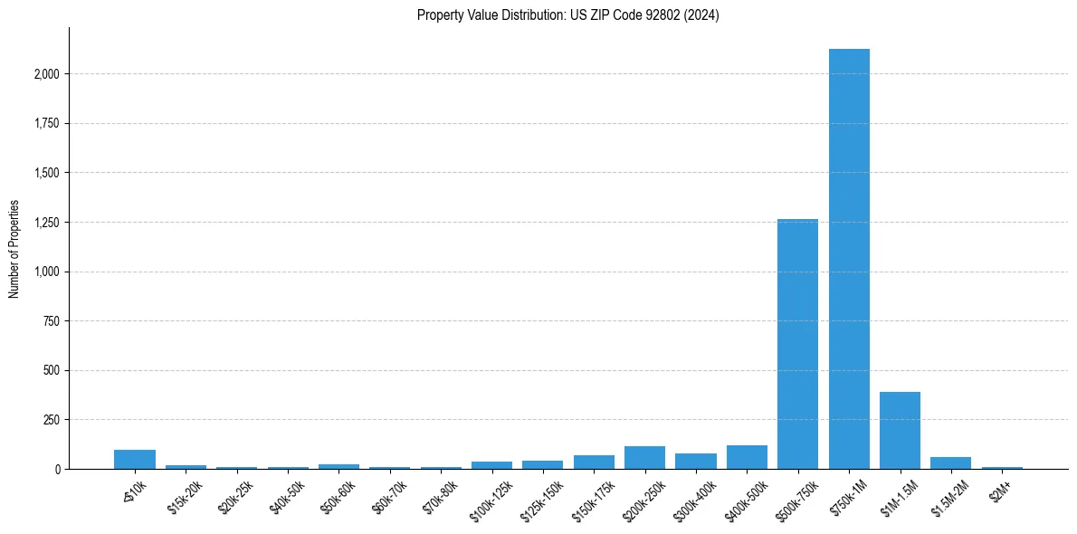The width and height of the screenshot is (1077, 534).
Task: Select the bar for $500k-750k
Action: pos(797,344)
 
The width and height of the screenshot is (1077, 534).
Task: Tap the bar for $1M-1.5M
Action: pos(900,431)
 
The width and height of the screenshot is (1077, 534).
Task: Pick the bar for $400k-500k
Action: pos(747,457)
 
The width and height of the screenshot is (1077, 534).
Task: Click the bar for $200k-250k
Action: pos(644,458)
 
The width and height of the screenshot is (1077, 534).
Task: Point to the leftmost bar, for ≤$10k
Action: pos(135,460)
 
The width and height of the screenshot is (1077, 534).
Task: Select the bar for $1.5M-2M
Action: pos(950,463)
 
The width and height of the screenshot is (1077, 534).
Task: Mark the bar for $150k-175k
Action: pos(594,462)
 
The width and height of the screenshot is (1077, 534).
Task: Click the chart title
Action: pos(567,15)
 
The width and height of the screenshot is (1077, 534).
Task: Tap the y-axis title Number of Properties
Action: pos(14,248)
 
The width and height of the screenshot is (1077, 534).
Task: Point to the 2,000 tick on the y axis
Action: pos(46,74)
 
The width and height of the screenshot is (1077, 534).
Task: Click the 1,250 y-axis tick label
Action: pos(46,223)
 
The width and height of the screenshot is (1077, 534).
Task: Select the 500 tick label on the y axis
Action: pos(52,371)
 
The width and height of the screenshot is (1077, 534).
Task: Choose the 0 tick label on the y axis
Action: pos(57,470)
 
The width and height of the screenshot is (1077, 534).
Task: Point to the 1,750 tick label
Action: pos(46,124)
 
